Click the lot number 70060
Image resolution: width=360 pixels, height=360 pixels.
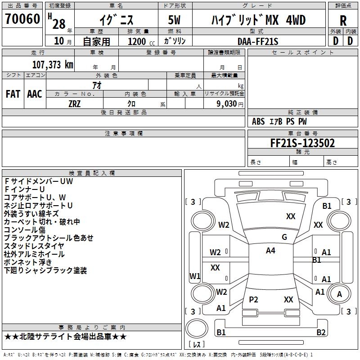click(22, 19)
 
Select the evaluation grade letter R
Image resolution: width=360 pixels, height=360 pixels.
click(343, 21)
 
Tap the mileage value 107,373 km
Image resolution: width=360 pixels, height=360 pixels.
click(53, 64)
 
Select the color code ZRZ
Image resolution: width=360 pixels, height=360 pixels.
click(74, 103)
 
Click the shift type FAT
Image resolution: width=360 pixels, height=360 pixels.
click(13, 94)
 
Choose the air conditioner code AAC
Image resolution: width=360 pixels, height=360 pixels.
click(35, 94)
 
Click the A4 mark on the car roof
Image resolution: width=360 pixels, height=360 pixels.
click(270, 251)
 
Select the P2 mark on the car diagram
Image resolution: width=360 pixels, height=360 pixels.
click(254, 300)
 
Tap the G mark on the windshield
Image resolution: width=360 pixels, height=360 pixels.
click(284, 237)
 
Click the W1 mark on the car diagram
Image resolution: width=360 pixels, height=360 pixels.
click(195, 275)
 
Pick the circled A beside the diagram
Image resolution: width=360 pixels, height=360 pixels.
click(340, 294)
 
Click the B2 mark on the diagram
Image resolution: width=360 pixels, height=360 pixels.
click(321, 333)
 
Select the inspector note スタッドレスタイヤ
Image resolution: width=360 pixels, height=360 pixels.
click(34, 246)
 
